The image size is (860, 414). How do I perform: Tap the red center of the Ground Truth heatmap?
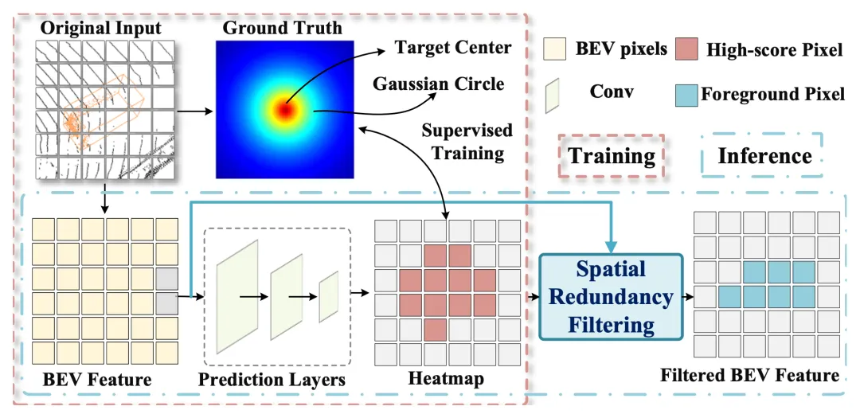pos(284,108)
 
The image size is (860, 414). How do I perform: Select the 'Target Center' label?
pos(453,47)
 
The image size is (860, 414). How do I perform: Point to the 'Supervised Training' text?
pos(467,140)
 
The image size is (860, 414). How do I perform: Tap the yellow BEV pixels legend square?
pos(554,50)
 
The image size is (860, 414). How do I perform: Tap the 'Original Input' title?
pos(100,29)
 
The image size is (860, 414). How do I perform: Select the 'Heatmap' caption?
pos(446,379)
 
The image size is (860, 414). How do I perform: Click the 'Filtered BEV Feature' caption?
pos(750,374)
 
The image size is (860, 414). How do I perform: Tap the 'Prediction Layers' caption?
pos(272,380)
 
